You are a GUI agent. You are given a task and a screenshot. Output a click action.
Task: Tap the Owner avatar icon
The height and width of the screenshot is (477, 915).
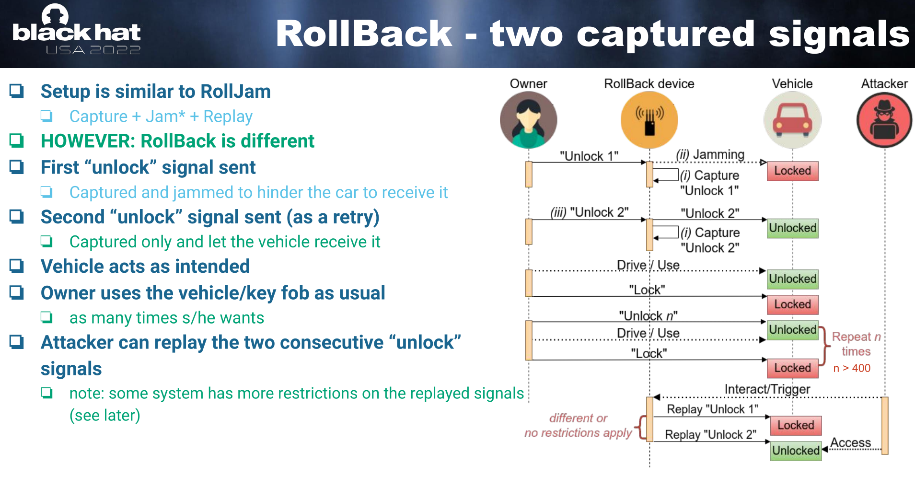(528, 120)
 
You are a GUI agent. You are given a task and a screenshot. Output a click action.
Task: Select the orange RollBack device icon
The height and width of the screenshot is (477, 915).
(649, 120)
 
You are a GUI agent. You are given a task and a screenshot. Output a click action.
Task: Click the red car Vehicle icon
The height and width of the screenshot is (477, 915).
(792, 120)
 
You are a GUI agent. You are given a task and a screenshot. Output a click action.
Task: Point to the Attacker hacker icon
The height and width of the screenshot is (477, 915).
(884, 120)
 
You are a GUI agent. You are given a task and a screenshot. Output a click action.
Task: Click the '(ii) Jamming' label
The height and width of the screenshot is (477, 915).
(710, 155)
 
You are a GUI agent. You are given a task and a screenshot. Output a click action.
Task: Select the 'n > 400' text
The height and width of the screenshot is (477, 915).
(852, 368)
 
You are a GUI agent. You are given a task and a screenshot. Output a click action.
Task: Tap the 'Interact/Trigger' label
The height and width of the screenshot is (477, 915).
(767, 389)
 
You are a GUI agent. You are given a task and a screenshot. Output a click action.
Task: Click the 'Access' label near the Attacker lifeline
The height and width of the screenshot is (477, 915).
(850, 442)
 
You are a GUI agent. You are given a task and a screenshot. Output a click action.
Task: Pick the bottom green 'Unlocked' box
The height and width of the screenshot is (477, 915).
(796, 451)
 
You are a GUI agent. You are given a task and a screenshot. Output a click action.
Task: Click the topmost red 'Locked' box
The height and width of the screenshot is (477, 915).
(792, 171)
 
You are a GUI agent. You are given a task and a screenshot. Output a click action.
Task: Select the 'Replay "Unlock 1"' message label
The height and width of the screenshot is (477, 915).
(712, 409)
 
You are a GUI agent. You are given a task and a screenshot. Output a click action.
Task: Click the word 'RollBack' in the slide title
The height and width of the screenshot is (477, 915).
(364, 35)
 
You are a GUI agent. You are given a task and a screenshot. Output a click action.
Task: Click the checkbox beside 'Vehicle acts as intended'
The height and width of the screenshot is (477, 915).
(17, 266)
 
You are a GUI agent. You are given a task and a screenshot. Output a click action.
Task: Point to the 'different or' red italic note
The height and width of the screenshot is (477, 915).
(578, 418)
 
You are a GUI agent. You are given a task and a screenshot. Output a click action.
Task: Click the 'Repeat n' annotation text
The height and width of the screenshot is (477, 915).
(856, 337)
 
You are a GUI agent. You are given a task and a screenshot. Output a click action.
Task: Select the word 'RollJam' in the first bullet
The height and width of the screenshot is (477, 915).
(235, 92)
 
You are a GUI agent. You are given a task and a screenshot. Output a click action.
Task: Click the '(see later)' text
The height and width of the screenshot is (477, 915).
(105, 415)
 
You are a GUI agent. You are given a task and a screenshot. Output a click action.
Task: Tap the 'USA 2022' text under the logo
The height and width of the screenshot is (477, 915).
(93, 50)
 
